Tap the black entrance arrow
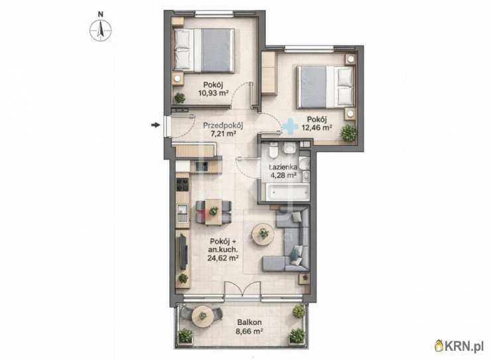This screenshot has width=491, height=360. (155, 125)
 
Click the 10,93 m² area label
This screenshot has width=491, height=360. (212, 93)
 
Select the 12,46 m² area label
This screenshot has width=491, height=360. (316, 127)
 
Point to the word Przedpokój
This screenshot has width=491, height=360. (223, 126)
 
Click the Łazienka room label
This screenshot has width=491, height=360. (283, 167)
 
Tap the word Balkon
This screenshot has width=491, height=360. (249, 322)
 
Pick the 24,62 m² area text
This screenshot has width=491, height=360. (223, 258)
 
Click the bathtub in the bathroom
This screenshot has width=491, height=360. (287, 192)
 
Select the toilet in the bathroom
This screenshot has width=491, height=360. (273, 150)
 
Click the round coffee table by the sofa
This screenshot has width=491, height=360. (263, 233)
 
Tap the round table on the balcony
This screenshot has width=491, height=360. (202, 316)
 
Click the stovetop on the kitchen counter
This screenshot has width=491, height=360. (182, 184)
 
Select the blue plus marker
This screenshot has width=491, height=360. (290, 126)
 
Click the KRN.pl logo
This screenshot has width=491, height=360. (459, 346)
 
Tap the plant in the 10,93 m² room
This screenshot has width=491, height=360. (179, 98)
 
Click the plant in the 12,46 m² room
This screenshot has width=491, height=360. (348, 133)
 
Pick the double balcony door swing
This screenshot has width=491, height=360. (243, 288)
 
